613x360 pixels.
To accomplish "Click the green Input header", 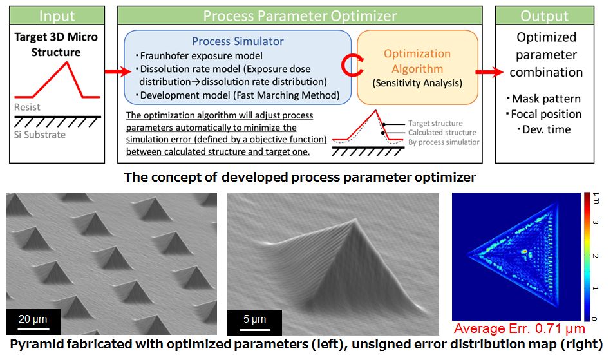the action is [57, 15].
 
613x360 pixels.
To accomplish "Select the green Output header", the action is [545, 15].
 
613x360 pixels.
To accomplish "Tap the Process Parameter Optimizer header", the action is [300, 15].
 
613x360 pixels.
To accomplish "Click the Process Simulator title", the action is [238, 41].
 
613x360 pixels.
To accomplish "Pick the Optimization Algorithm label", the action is [417, 61].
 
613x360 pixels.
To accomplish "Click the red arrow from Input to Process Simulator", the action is [118, 71].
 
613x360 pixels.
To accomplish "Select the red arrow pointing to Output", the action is [489, 72].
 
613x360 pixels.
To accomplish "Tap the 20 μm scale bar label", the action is [33, 319].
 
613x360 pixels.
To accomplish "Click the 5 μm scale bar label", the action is [254, 319].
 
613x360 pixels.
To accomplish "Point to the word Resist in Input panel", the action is [27, 107].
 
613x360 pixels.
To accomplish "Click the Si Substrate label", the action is [40, 135].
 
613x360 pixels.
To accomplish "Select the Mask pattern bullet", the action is [543, 99].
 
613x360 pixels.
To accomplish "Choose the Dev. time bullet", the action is [544, 129].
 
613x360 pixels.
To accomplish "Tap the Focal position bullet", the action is [543, 114].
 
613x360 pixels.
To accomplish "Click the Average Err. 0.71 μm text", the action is [520, 328].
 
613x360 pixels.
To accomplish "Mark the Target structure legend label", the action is [435, 124].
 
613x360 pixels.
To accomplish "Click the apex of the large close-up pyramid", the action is [355, 220].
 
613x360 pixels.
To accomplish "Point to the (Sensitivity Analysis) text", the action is [417, 83].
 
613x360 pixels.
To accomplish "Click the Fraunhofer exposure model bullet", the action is [199, 56].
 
